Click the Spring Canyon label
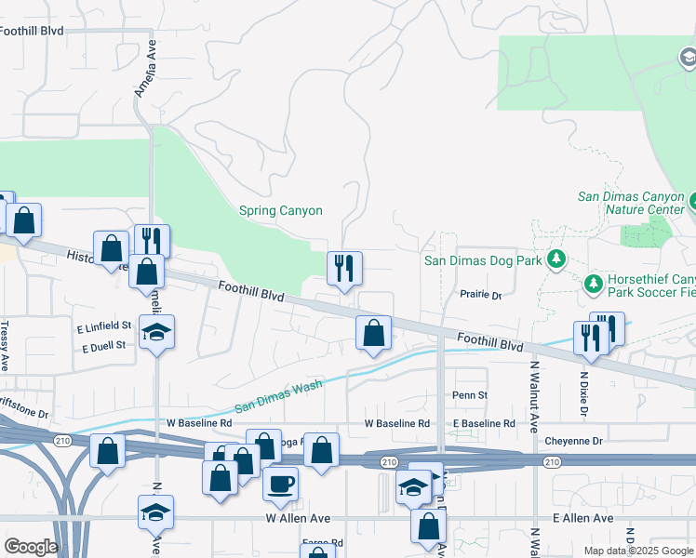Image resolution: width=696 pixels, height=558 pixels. [281, 211]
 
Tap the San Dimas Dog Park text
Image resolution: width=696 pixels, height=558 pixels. [483, 261]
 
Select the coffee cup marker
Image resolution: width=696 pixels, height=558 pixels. [280, 484]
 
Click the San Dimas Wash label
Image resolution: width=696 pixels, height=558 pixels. [278, 398]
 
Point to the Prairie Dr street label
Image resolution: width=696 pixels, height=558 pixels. [481, 295]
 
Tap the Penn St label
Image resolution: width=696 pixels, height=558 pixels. [470, 395]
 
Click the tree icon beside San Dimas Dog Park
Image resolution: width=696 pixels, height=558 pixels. [556, 258]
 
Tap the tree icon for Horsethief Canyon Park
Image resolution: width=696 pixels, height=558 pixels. [593, 281]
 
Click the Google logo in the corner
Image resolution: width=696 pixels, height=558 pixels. [31, 547]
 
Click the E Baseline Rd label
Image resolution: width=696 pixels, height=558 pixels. [484, 423]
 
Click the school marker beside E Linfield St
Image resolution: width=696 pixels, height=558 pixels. [157, 332]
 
